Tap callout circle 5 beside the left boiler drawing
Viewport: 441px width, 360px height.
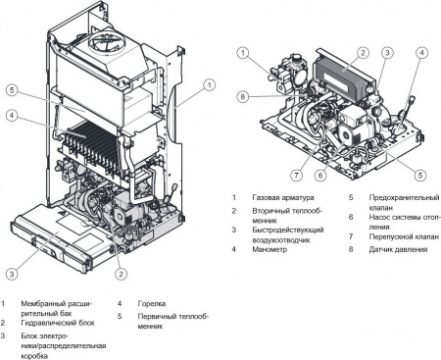point(10,90)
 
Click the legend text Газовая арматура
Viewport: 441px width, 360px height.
point(279,197)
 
